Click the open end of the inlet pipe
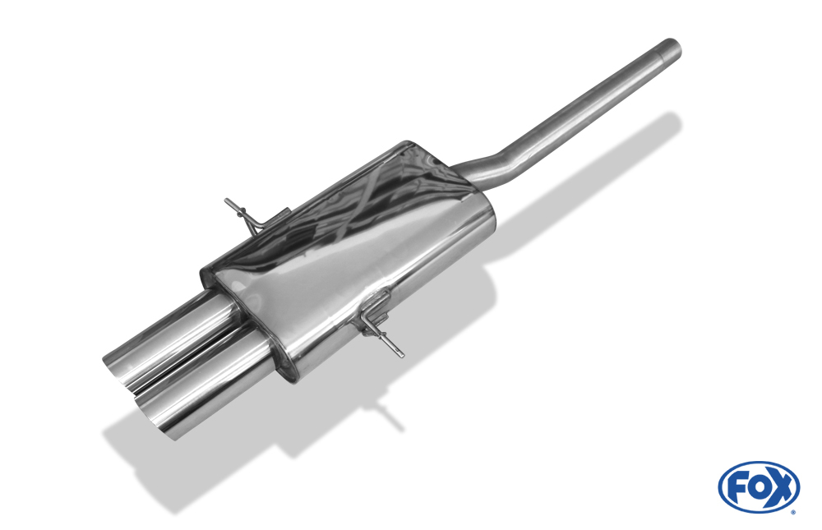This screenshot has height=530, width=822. point(672,46)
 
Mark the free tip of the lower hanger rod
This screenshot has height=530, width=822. point(401,354)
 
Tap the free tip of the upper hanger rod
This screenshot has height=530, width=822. point(228,200)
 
